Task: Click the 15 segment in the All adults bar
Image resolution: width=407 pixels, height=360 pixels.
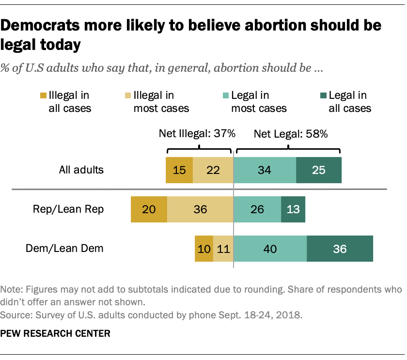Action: tap(179, 170)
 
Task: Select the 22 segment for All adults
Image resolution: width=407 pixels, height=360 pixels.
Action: tap(213, 170)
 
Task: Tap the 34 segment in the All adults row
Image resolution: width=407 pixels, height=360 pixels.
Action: tap(265, 170)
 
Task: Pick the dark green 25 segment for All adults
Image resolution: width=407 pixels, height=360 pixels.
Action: tap(318, 170)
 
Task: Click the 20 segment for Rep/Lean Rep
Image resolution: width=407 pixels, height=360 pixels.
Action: tap(149, 209)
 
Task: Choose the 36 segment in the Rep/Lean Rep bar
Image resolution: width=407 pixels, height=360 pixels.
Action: tap(200, 209)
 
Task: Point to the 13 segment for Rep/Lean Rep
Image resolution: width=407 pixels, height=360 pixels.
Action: tap(293, 209)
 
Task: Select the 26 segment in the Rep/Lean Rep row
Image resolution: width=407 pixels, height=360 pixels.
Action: tap(257, 209)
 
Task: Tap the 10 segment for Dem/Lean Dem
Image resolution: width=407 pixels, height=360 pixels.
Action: tap(204, 249)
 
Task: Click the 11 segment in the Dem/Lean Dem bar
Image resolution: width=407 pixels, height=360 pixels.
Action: tap(223, 249)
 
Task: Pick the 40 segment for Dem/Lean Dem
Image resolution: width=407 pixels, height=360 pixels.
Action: tap(270, 249)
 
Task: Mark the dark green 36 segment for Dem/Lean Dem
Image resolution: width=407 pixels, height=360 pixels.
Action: tap(340, 249)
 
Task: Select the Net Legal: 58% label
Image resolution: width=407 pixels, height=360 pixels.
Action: tap(291, 133)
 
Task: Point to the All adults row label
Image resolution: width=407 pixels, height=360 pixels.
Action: tap(81, 170)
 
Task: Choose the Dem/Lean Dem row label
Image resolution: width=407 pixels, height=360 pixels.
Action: tap(65, 249)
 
